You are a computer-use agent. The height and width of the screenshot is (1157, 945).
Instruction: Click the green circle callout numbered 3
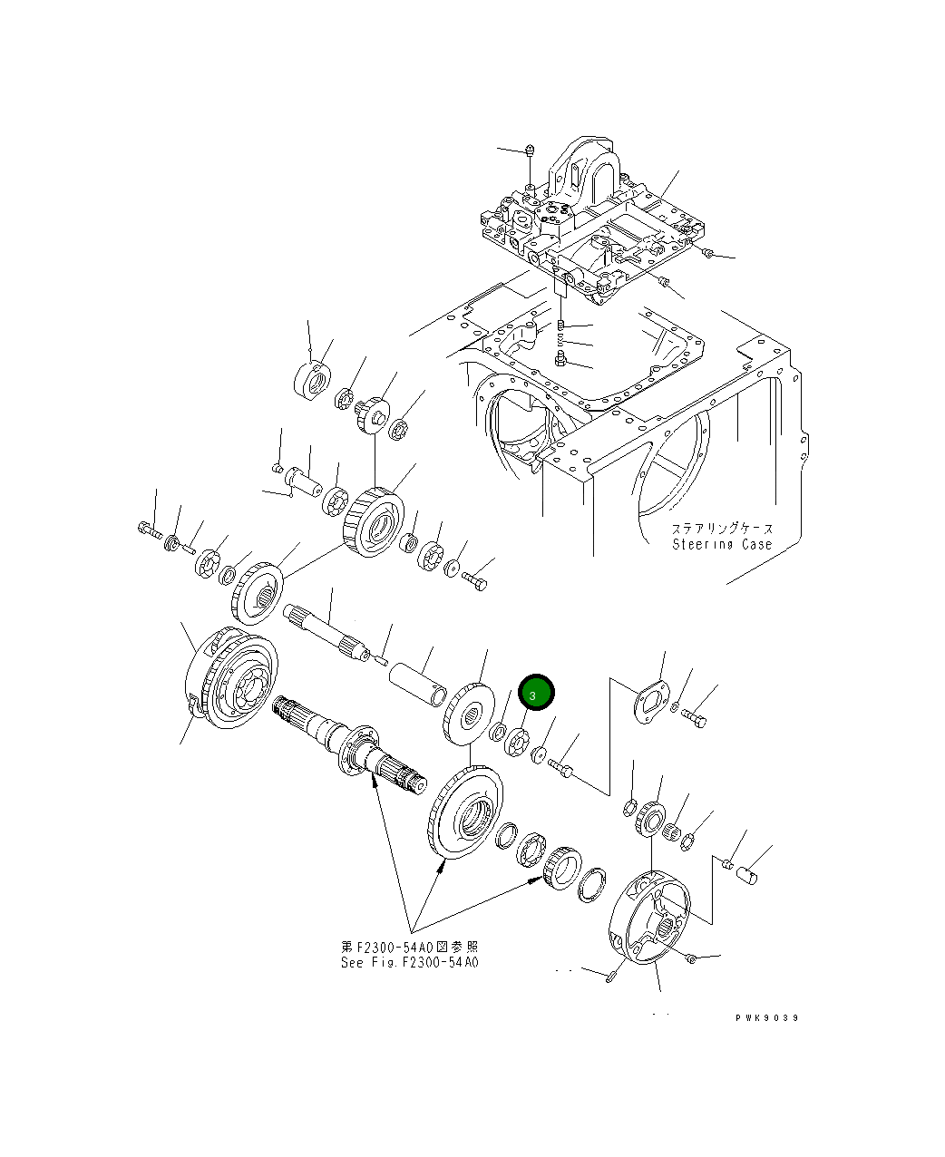pos(535,694)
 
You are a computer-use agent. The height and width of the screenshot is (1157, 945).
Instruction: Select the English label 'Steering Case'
pos(722,544)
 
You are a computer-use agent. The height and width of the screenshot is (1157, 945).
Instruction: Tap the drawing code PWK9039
pos(766,1018)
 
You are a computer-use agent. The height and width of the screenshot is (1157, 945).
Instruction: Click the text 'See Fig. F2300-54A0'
pos(409,962)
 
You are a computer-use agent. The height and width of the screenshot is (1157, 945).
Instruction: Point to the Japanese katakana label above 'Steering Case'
pos(722,529)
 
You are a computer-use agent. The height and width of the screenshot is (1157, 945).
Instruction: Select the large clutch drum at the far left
pos(230,680)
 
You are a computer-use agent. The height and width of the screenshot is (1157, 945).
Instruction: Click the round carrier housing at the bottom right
pos(651,916)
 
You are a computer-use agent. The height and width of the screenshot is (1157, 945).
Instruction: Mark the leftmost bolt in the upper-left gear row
pos(147,527)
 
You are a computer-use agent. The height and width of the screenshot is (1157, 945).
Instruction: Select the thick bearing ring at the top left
pos(313,379)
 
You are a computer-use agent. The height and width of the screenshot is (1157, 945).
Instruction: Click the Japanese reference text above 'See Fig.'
pos(409,947)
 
